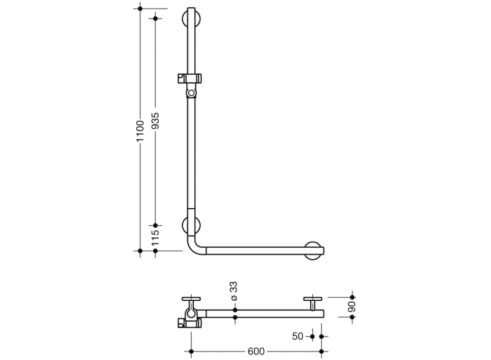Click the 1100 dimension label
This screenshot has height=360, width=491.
pyautogui.click(x=140, y=131)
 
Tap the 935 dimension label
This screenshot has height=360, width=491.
pyautogui.click(x=155, y=121)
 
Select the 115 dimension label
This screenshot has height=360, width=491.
pyautogui.click(x=155, y=238)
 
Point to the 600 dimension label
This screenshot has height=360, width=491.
pyautogui.click(x=256, y=351)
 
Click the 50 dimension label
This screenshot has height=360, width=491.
pyautogui.click(x=298, y=336)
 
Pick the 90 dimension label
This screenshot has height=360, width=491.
pyautogui.click(x=352, y=307)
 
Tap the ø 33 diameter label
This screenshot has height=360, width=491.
pyautogui.click(x=235, y=291)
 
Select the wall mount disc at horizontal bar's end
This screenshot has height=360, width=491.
pyautogui.click(x=313, y=251)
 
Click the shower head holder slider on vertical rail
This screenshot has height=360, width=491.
pyautogui.click(x=189, y=79)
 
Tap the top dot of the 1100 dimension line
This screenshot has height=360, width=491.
pyautogui.click(x=140, y=9)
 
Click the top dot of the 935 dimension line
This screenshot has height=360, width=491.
pyautogui.click(x=155, y=18)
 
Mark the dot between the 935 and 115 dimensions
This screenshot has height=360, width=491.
pyautogui.click(x=155, y=225)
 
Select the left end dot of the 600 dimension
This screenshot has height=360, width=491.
pyautogui.click(x=191, y=351)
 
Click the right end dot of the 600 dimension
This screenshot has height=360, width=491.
pyautogui.click(x=321, y=351)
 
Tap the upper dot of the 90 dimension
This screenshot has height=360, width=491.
pyautogui.click(x=352, y=297)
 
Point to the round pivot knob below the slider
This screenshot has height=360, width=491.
pyautogui.click(x=191, y=93)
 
